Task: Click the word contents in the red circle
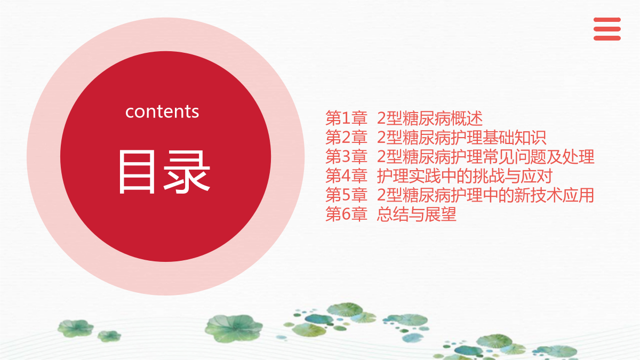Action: pos(162,111)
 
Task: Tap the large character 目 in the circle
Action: pos(137,172)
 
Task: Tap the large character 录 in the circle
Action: pos(187,172)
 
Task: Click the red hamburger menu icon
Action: pos(607,29)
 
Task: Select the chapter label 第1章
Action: pos(346,118)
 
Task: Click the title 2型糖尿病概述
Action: pos(430,118)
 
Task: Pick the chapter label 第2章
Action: pos(346,137)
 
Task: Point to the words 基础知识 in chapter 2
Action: pos(514,137)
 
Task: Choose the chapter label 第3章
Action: pos(346,156)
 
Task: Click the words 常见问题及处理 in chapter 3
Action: pos(538,156)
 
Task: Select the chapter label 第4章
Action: pos(346,175)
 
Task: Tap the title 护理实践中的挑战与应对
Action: pos(465,175)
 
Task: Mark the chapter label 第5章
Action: pos(346,195)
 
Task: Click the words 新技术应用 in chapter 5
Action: pos(554,195)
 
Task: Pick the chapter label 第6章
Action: pos(346,214)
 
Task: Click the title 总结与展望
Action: pos(417,214)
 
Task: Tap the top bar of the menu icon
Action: pos(607,20)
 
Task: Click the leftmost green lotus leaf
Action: pos(75,328)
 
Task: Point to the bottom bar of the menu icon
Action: pos(607,38)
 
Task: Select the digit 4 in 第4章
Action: pos(346,176)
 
